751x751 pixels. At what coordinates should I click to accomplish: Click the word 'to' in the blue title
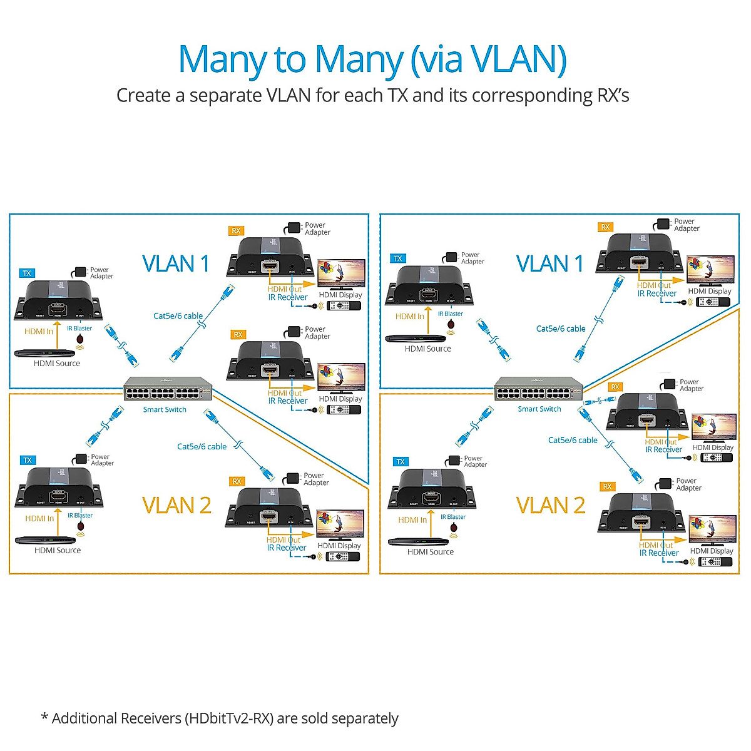pos(289,59)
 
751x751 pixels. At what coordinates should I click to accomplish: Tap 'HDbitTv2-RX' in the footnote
pos(228,718)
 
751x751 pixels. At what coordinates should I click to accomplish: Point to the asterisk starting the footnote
pos(44,717)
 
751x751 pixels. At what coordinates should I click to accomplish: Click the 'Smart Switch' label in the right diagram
pos(539,409)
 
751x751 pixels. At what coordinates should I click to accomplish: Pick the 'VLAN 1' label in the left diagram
pos(176,264)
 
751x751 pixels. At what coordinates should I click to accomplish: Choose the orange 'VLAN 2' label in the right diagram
pos(551,506)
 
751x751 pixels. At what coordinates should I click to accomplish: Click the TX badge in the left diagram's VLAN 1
pos(27,273)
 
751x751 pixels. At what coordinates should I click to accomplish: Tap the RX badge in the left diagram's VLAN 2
pos(236,481)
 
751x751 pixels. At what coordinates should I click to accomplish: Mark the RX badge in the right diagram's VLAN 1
pos(605,227)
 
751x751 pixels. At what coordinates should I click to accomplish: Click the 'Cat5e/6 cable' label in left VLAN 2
pos(202,447)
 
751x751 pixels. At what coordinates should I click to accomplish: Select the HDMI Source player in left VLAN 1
pos(44,354)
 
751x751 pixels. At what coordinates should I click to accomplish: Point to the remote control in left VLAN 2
pos(343,556)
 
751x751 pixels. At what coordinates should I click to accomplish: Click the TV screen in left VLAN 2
pos(340,524)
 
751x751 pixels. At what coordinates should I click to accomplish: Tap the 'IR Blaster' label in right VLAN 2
pos(453,517)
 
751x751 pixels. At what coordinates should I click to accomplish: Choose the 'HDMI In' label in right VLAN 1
pos(410,317)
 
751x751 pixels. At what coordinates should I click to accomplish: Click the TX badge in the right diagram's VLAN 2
pos(401,462)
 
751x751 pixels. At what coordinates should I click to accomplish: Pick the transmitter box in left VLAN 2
pos(58,486)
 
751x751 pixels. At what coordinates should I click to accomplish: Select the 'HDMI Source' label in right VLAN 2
pos(431,552)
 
